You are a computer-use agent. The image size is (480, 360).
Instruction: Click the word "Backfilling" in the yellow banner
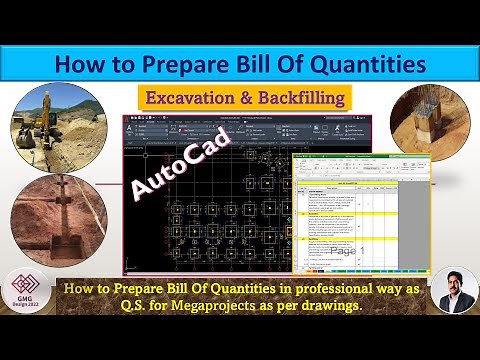[299, 98]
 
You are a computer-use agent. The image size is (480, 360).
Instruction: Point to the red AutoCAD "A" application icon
[132, 122]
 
